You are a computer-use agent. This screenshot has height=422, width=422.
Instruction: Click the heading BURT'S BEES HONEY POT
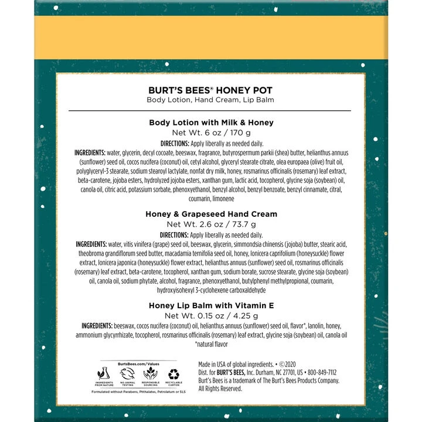click(x=211, y=91)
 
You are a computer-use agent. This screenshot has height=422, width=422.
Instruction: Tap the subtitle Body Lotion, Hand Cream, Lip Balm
click(x=211, y=100)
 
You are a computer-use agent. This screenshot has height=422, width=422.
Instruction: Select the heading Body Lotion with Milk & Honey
click(x=211, y=122)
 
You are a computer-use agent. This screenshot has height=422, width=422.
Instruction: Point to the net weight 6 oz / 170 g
click(x=211, y=133)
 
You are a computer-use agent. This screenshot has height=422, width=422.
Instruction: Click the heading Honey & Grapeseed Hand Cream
click(x=211, y=214)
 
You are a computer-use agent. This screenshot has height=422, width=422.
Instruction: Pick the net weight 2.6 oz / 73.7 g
click(x=211, y=224)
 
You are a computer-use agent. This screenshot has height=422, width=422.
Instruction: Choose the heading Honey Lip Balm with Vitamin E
click(x=211, y=305)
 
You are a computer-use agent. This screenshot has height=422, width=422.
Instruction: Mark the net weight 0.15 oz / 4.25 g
click(x=211, y=316)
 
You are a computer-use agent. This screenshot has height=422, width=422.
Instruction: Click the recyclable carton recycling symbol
click(x=175, y=373)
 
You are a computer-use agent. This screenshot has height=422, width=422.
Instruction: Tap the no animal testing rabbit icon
click(x=126, y=373)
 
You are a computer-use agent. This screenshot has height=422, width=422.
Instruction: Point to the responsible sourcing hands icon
click(x=150, y=373)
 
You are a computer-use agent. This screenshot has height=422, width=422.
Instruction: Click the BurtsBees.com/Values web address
click(x=138, y=363)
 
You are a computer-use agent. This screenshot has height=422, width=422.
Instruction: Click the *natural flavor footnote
click(x=211, y=345)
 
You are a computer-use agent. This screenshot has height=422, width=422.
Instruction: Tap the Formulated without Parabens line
click(x=138, y=391)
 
